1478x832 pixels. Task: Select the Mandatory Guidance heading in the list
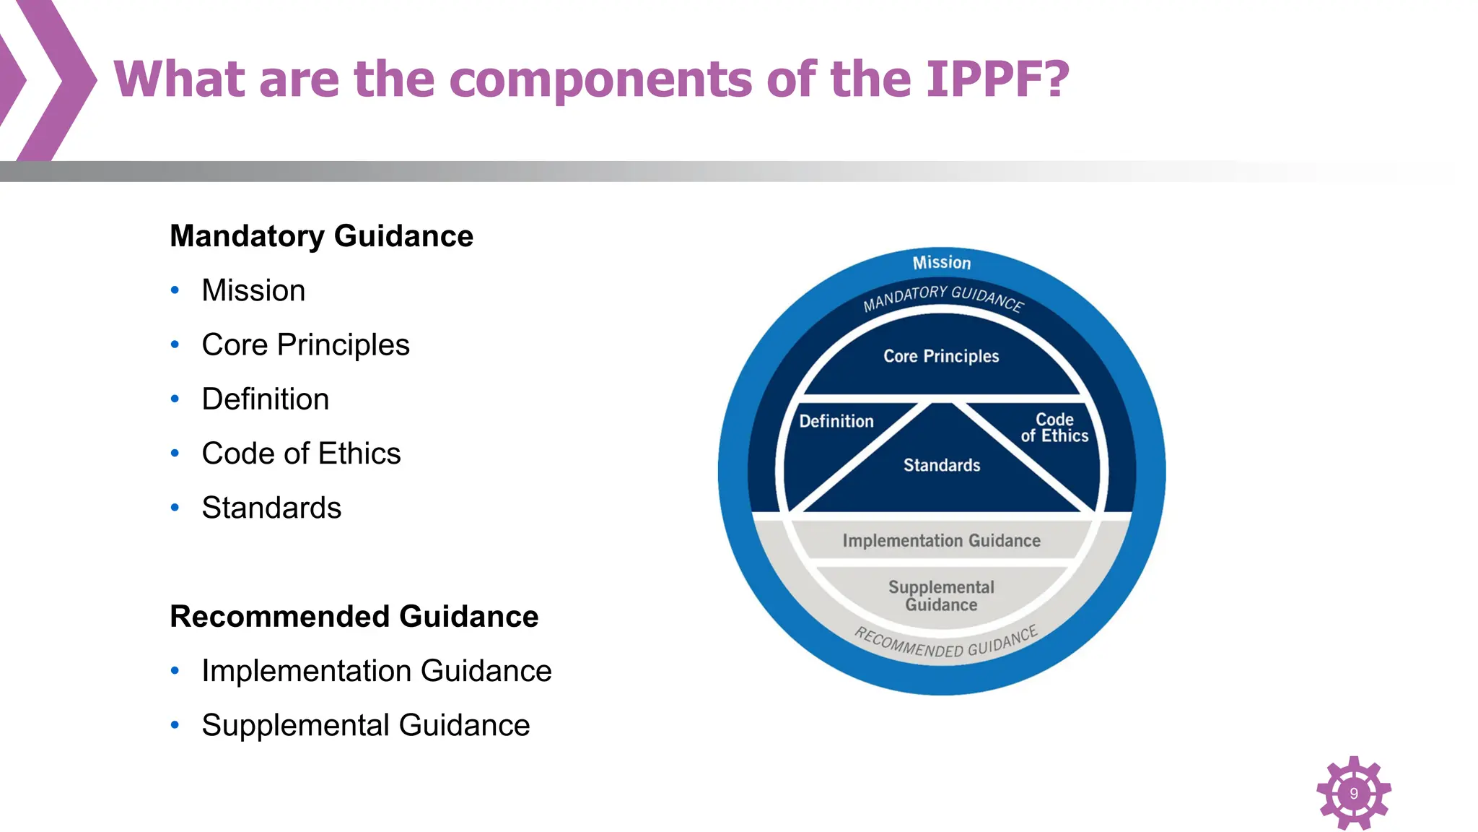321,236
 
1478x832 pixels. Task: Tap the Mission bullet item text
253,290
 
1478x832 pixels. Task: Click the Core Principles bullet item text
305,344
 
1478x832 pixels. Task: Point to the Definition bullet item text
265,399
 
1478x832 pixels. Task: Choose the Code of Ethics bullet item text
301,454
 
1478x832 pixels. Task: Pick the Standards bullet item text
271,508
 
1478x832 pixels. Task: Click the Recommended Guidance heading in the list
354,616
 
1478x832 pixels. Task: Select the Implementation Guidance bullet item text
376,671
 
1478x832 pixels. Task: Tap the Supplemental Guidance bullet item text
365,725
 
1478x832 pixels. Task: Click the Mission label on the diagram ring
942,263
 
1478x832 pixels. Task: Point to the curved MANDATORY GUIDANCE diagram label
943,297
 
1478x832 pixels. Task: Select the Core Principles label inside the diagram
941,356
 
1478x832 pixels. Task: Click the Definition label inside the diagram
836,421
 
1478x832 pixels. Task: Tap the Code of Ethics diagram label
1054,428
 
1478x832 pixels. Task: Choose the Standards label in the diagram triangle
942,465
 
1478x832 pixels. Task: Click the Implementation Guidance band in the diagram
941,541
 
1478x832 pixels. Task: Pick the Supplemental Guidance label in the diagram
941,596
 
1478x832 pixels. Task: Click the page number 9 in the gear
1354,793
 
